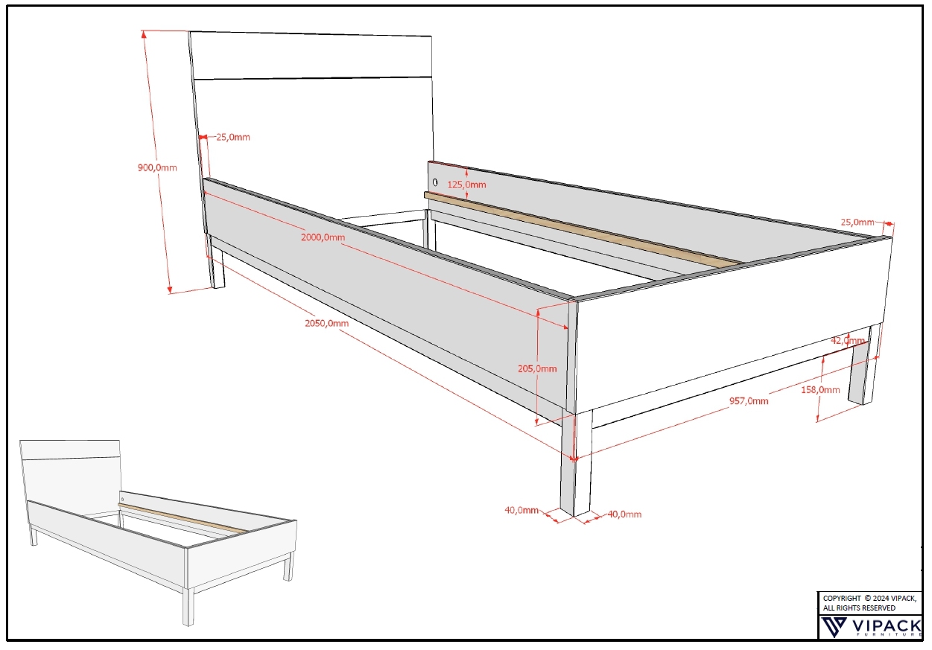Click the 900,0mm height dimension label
point(157,168)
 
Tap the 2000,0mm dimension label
point(323,237)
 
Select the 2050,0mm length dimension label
point(326,323)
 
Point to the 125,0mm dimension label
point(466,184)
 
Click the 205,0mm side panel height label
point(537,369)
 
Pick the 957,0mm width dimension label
point(749,401)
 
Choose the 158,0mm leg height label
point(820,389)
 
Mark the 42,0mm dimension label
point(848,340)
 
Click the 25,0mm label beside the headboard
point(233,137)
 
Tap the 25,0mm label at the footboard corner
point(857,222)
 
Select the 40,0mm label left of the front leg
point(522,510)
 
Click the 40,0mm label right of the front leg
point(624,514)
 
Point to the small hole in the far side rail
point(435,182)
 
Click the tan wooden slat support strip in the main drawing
point(583,230)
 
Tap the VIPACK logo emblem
point(834,627)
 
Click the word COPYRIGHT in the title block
point(842,598)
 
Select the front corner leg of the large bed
point(576,464)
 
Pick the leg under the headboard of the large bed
point(215,262)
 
